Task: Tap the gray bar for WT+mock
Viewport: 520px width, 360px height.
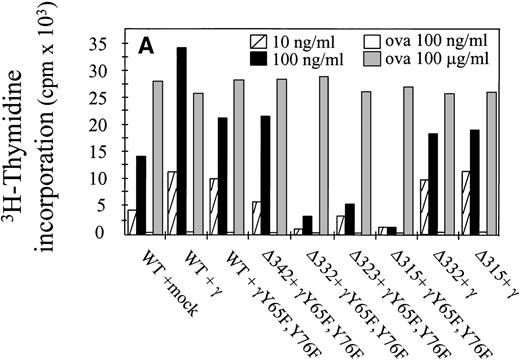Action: tap(157, 158)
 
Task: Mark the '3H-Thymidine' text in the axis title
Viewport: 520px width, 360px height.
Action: tap(22, 141)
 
